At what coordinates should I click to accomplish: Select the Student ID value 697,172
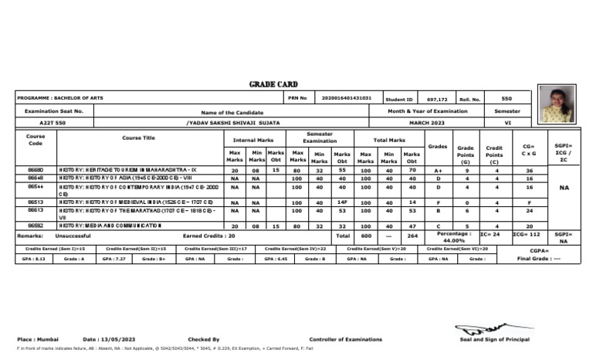(x=437, y=100)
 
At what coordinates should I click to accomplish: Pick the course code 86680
(x=36, y=168)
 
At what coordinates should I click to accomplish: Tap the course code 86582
(x=36, y=225)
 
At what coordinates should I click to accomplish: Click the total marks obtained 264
(x=412, y=236)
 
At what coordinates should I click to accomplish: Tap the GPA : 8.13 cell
(x=36, y=260)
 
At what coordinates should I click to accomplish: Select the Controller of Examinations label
(x=345, y=339)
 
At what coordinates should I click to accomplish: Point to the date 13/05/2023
(x=107, y=339)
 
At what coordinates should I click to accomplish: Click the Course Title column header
(x=137, y=138)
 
